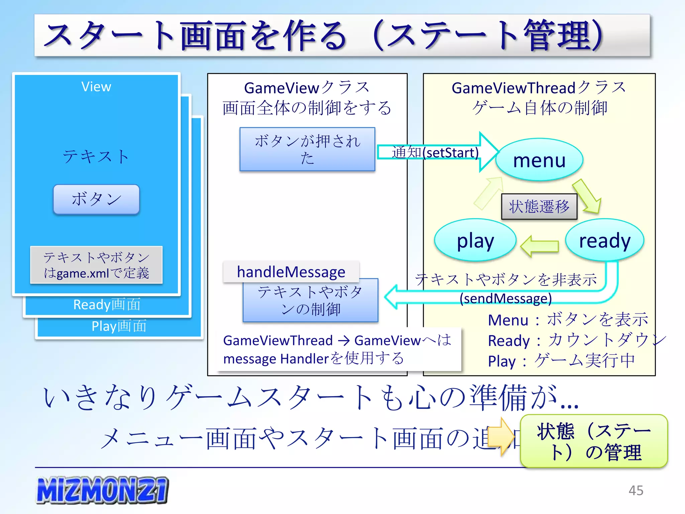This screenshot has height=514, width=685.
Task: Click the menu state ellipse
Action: [539, 160]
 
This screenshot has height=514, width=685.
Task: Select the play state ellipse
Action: [475, 240]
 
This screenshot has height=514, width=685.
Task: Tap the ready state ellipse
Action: [604, 240]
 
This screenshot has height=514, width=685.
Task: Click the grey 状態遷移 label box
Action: [539, 206]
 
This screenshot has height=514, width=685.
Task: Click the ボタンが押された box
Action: [307, 149]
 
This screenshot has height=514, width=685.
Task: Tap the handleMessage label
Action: [291, 272]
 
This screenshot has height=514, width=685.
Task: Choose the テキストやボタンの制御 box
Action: [310, 301]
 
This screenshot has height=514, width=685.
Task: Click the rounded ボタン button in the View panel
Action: [96, 199]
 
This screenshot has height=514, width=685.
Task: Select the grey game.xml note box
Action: [96, 265]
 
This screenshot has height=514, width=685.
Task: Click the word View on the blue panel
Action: [96, 87]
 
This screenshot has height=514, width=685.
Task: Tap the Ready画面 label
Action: [107, 305]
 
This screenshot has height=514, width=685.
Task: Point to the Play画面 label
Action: [119, 326]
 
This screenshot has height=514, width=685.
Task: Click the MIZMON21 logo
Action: [102, 490]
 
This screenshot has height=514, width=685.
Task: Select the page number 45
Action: [635, 491]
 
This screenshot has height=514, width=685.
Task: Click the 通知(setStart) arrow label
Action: [435, 153]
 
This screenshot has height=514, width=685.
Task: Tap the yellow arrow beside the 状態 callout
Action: [501, 436]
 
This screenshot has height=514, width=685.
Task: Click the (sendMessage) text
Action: [505, 298]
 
